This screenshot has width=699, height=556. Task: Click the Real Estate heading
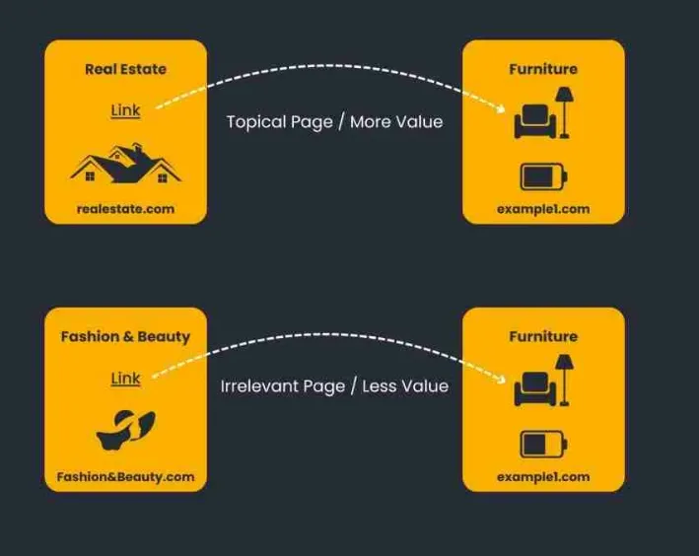tap(125, 69)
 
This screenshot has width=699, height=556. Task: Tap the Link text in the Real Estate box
tap(125, 110)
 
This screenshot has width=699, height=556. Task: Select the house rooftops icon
tap(125, 165)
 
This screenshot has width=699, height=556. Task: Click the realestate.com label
tap(125, 209)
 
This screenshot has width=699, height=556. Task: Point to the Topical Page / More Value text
tap(334, 122)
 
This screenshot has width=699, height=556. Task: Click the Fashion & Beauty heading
tap(125, 336)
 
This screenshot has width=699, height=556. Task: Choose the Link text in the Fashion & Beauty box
tap(125, 379)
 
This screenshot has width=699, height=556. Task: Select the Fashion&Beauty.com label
tap(125, 477)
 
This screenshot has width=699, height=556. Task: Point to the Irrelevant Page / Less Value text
tap(334, 386)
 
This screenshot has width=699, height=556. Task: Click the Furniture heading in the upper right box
tap(543, 69)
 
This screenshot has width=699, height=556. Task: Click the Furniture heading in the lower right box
tap(543, 336)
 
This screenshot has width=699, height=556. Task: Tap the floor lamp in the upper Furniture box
tap(566, 110)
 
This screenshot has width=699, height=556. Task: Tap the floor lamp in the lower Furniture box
tap(566, 378)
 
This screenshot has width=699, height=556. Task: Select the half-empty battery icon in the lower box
tap(544, 445)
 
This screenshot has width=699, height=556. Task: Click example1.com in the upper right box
tap(543, 209)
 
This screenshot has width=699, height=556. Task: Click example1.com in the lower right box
tap(543, 477)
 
